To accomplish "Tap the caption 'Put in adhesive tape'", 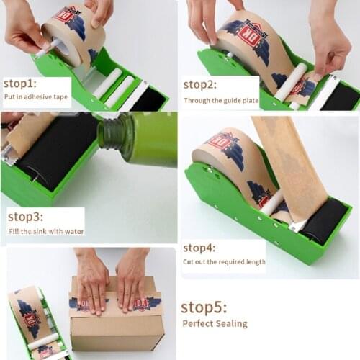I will click(x=35, y=97).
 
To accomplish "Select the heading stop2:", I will click(x=201, y=84).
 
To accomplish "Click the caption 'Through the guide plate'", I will click(x=219, y=101).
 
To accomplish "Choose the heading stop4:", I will click(x=202, y=248).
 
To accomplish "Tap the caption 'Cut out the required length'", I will click(x=223, y=262).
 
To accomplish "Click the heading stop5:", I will click(x=204, y=307).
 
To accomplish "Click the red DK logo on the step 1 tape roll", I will click(x=67, y=16).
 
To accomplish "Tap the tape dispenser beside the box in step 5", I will click(x=36, y=324).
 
